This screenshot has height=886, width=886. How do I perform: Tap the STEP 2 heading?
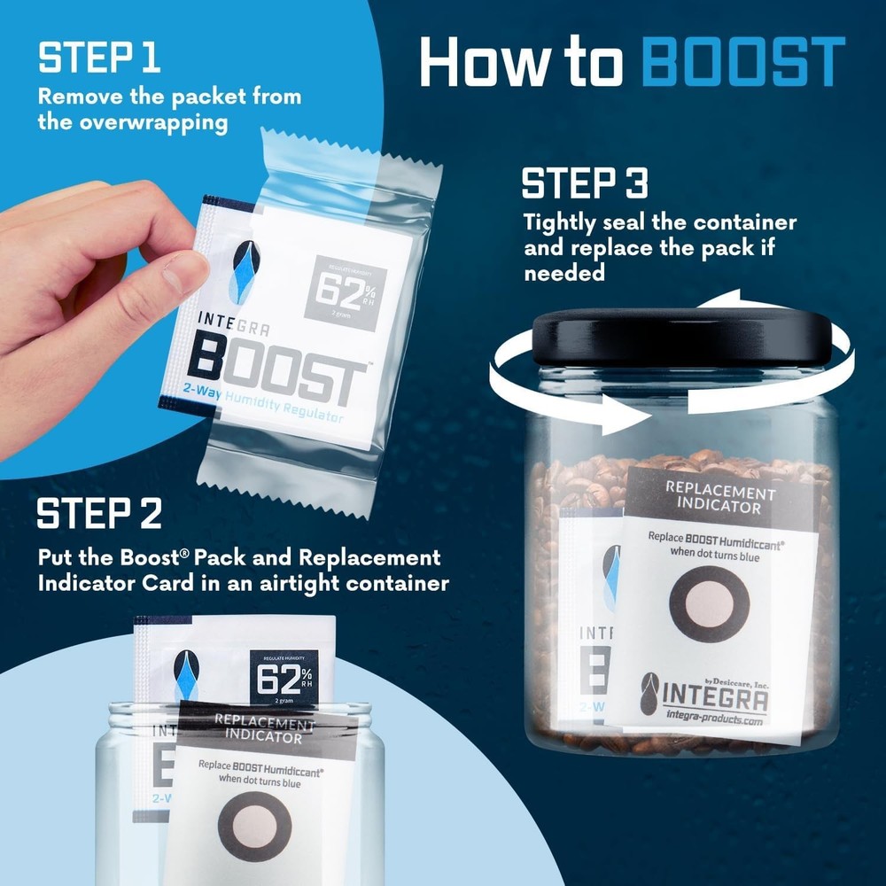point(100,514)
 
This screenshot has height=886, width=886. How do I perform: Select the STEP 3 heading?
point(584,184)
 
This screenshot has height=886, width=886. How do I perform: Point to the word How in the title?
point(483,62)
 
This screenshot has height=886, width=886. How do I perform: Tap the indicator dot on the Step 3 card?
point(709,603)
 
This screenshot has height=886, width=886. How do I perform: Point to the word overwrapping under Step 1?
point(132,121)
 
